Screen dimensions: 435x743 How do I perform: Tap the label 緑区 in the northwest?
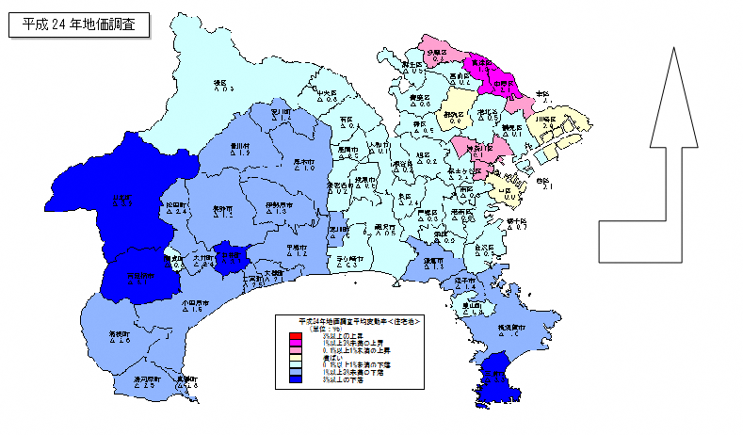[x=222, y=83]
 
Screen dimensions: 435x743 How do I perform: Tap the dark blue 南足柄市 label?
[x=140, y=275]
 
